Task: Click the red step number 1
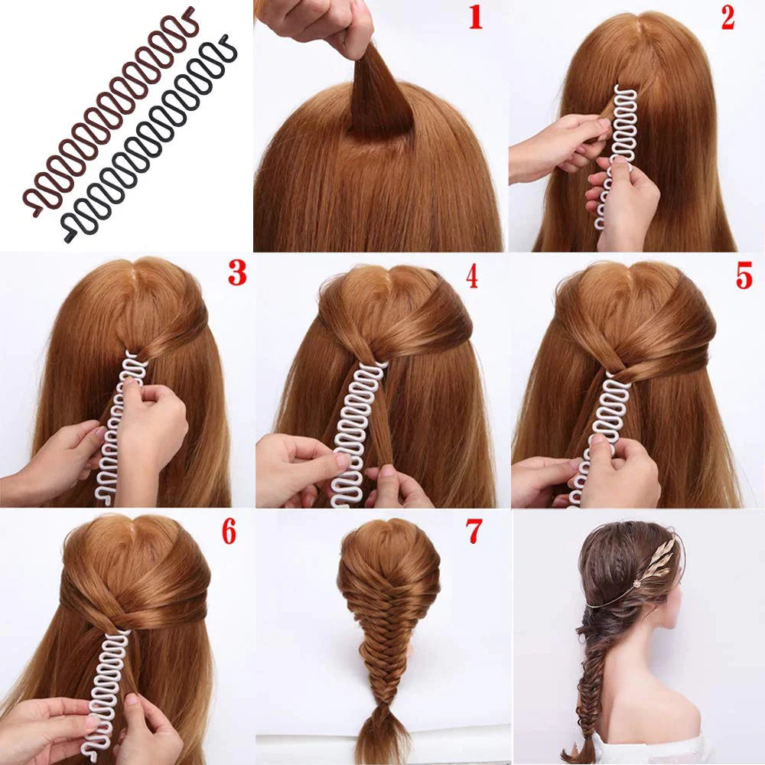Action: (x=476, y=18)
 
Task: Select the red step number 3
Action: (x=237, y=273)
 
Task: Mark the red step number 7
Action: (x=474, y=532)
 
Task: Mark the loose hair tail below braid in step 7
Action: (x=386, y=737)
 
